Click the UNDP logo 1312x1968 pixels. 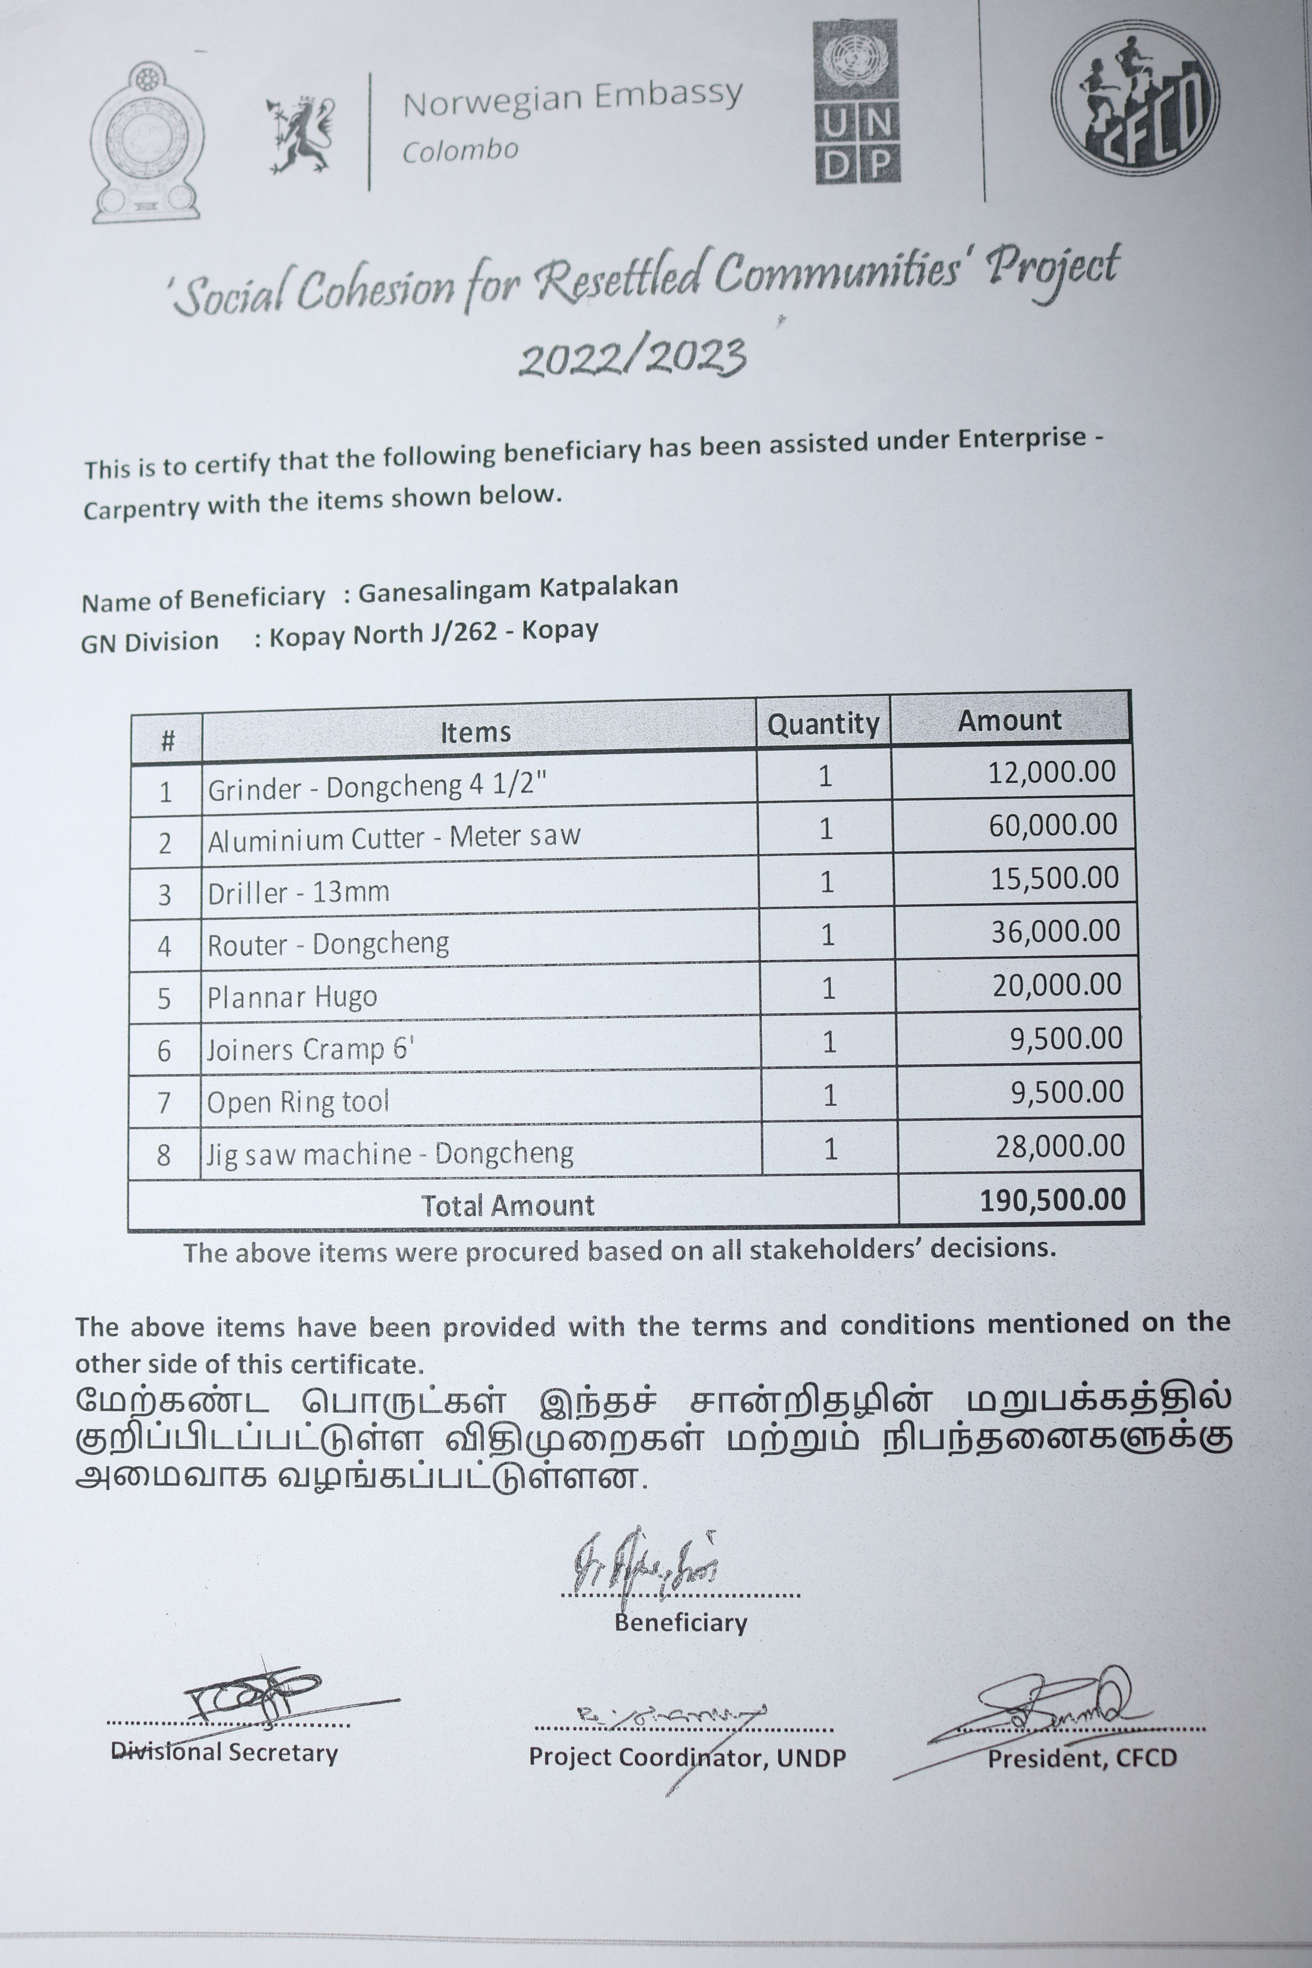click(x=857, y=102)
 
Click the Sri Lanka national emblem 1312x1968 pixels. click(x=147, y=142)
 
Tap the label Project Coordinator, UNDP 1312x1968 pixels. click(x=687, y=1756)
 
